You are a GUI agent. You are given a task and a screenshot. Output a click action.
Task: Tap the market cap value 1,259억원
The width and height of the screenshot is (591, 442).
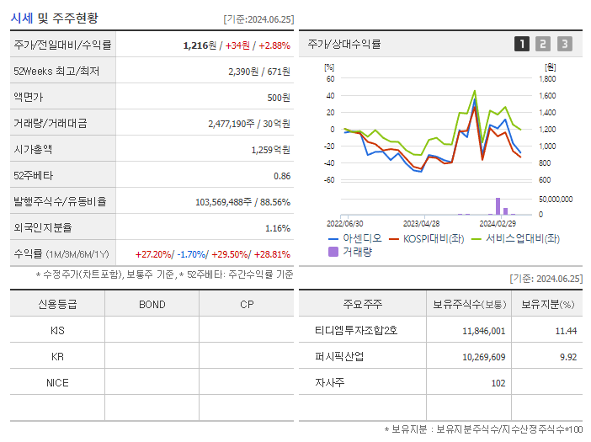pyautogui.click(x=270, y=150)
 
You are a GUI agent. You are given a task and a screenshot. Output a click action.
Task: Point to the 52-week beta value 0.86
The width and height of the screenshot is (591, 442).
pyautogui.click(x=281, y=176)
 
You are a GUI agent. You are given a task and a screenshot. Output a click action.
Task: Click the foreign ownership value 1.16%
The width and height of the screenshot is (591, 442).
pyautogui.click(x=277, y=228)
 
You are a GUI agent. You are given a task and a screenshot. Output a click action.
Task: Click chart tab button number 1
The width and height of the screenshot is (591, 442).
pyautogui.click(x=522, y=44)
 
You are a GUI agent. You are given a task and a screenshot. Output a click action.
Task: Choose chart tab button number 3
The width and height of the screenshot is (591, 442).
pyautogui.click(x=564, y=44)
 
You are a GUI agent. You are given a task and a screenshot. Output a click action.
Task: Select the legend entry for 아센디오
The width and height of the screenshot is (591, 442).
pyautogui.click(x=357, y=238)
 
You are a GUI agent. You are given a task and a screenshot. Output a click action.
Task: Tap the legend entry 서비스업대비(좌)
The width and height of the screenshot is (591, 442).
pyautogui.click(x=518, y=238)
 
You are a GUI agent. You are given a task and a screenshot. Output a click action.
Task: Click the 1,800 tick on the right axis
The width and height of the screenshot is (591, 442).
pyautogui.click(x=547, y=79)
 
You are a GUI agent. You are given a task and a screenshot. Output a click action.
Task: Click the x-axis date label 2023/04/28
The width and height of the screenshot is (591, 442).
pyautogui.click(x=421, y=224)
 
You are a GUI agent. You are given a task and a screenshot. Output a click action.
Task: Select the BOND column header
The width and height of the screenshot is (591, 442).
pyautogui.click(x=152, y=305)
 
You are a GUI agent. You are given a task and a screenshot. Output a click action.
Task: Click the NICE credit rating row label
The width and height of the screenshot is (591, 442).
pyautogui.click(x=57, y=383)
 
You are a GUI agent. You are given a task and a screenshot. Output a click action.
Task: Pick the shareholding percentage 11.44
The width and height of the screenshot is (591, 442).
pyautogui.click(x=566, y=331)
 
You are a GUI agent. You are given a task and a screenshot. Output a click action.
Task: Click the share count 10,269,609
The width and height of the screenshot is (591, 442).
pyautogui.click(x=483, y=357)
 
